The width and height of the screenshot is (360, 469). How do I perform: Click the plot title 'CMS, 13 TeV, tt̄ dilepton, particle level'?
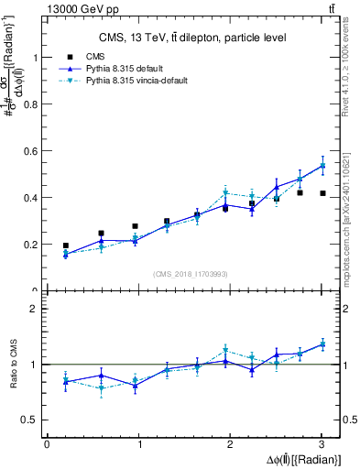pos(192,38)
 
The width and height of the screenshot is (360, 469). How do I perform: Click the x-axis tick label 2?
pos(230,444)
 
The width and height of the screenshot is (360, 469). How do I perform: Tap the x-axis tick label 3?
pos(322,444)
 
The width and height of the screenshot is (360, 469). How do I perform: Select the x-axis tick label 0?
pos(47,444)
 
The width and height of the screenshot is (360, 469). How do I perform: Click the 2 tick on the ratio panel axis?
pos(38,309)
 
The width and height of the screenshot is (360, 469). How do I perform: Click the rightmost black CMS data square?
pos(322,193)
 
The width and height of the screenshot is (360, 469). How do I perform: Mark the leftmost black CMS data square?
pos(65,245)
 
